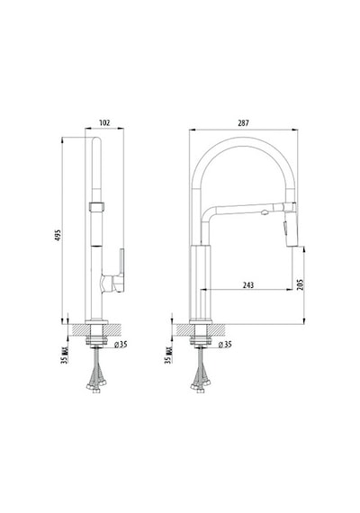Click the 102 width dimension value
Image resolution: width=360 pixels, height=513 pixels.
pyautogui.click(x=104, y=123)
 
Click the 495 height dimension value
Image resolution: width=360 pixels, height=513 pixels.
pyautogui.click(x=58, y=235)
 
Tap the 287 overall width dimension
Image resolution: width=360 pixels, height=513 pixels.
pyautogui.click(x=243, y=123)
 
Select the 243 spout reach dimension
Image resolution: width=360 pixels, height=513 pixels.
pyautogui.click(x=248, y=285)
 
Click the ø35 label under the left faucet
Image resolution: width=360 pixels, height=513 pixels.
pyautogui.click(x=121, y=344)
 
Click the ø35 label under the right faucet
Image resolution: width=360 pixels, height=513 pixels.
pyautogui.click(x=225, y=344)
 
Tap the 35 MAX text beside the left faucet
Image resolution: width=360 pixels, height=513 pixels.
pyautogui.click(x=65, y=355)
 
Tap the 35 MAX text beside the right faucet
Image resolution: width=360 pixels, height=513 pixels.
pyautogui.click(x=168, y=355)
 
